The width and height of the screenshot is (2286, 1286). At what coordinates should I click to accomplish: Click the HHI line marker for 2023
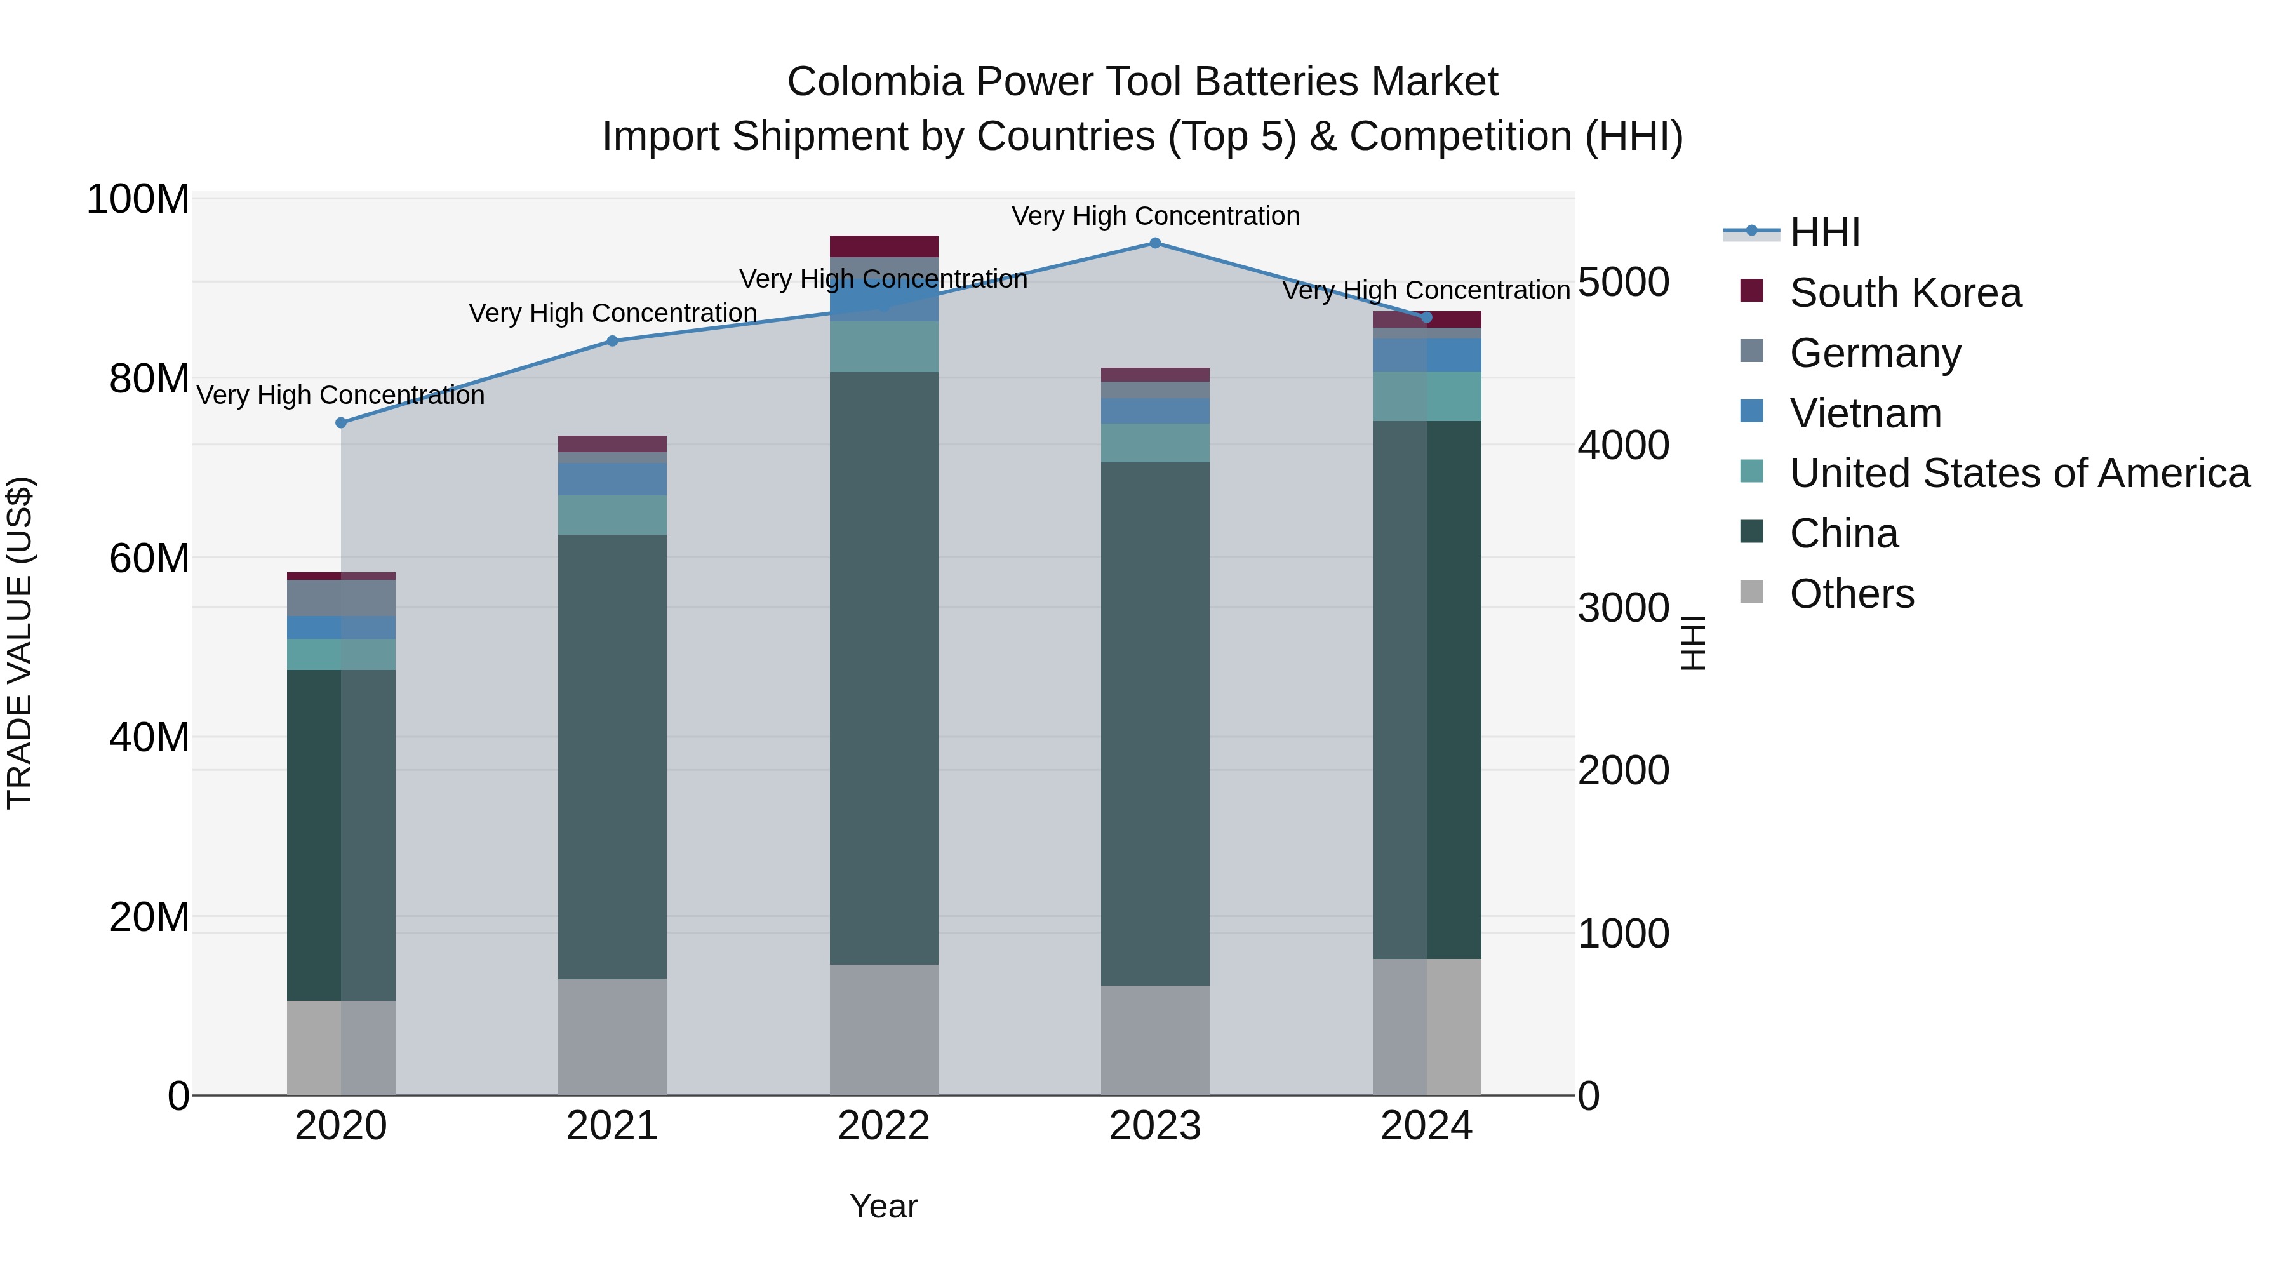coord(1154,243)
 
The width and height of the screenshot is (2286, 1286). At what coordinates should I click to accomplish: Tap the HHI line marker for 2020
coord(341,422)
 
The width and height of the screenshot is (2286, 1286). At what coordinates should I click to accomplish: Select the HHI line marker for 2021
coord(612,341)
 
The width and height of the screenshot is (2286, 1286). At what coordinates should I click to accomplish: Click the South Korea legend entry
coord(1904,293)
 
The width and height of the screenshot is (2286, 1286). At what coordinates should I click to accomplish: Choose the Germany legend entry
coord(1875,353)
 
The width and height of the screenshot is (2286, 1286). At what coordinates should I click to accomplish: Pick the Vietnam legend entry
coord(1864,413)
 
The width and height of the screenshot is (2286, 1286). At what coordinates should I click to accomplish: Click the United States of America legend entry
coord(2019,473)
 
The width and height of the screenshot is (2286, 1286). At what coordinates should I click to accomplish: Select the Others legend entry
coord(1851,594)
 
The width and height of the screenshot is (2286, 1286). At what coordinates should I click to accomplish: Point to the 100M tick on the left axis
coord(138,199)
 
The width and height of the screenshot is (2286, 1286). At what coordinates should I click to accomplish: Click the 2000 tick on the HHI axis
coord(1623,770)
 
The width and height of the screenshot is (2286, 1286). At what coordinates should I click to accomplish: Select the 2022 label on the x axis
coord(883,1126)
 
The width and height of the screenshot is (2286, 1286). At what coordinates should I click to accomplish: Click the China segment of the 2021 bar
coord(612,756)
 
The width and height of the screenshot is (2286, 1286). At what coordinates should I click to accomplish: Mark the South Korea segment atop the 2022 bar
coord(884,246)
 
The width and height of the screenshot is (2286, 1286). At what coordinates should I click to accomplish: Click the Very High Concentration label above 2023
coord(1154,216)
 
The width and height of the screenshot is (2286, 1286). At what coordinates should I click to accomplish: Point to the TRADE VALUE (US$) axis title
coord(20,643)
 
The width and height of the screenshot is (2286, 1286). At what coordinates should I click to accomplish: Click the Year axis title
coord(883,1206)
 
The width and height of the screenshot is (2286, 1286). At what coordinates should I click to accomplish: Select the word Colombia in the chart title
coord(875,82)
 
